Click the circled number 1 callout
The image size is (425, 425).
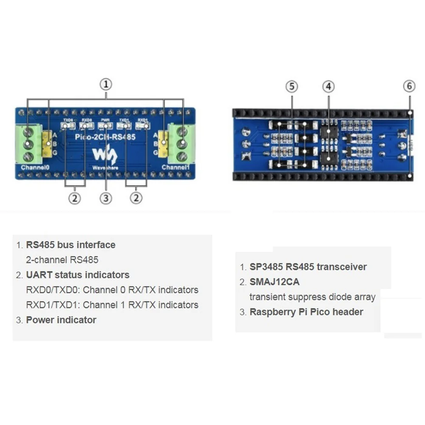(x=106, y=84)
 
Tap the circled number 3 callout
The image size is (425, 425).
(x=106, y=198)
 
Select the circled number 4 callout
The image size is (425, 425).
(x=328, y=87)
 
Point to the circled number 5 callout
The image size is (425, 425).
(x=292, y=87)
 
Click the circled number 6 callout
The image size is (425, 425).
(x=409, y=86)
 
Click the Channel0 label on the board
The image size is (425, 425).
(x=35, y=167)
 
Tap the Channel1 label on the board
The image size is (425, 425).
(x=176, y=167)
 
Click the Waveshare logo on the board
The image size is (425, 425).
(x=105, y=158)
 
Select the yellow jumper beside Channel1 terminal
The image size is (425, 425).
(x=163, y=143)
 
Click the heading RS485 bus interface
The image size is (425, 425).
(x=71, y=245)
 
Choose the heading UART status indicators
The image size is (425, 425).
(x=78, y=275)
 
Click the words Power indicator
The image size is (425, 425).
(x=61, y=320)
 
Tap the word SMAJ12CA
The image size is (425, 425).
(x=275, y=282)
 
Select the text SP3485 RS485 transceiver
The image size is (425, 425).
(x=308, y=267)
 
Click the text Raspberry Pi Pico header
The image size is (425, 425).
(x=306, y=312)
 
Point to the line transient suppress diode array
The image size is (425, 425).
(x=312, y=297)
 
